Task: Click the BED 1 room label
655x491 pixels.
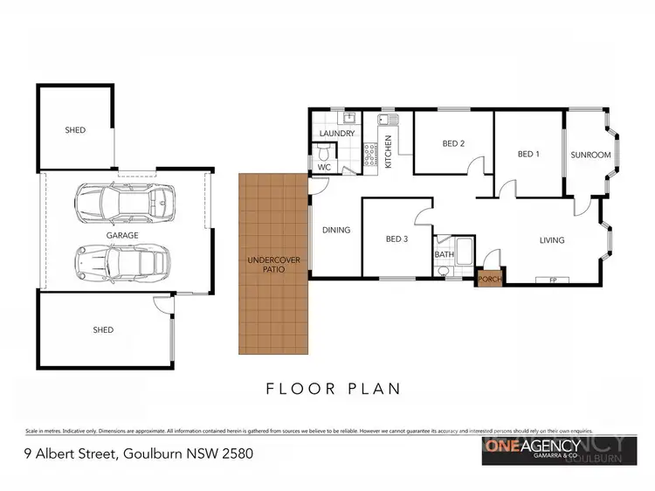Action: tap(528, 155)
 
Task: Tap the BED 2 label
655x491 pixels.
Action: tap(452, 143)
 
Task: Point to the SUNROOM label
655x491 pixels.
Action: tap(590, 155)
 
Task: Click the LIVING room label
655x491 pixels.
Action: tap(551, 240)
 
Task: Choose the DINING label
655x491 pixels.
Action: tap(336, 231)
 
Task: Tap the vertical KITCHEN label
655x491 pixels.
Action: tap(389, 151)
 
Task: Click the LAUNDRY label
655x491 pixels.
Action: tap(336, 134)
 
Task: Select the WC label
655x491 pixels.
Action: tap(323, 166)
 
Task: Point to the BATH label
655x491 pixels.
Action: tap(444, 255)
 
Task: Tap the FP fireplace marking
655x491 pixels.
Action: tap(552, 280)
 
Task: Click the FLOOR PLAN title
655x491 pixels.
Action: tap(327, 389)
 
